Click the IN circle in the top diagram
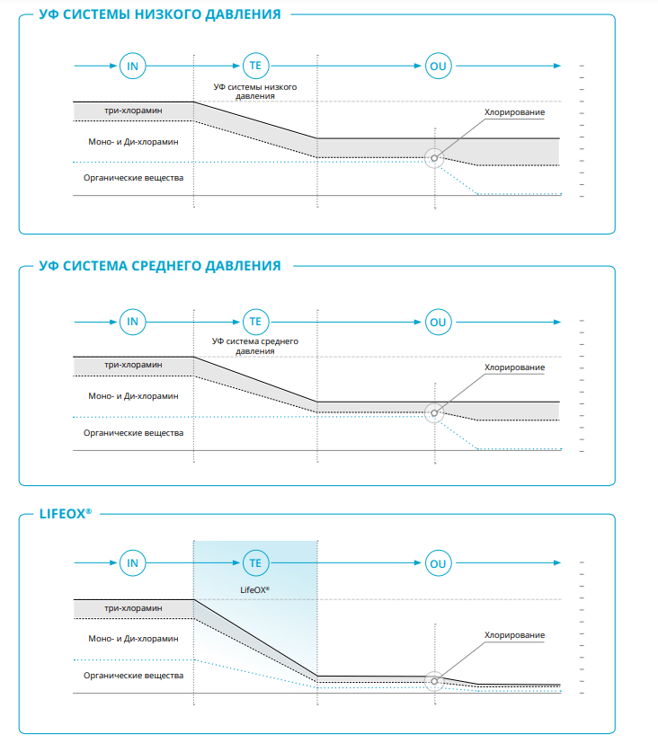132,66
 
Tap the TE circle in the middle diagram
256,322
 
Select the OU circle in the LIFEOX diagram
438,563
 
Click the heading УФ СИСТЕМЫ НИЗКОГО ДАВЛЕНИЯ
160,14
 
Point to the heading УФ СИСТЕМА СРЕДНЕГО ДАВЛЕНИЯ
160,266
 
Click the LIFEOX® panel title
66,514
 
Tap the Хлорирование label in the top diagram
514,112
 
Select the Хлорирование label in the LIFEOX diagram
514,635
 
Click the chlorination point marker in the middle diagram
434,413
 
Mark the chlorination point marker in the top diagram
434,158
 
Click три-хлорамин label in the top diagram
133,111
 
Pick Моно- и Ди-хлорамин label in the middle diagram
133,396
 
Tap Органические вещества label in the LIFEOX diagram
133,676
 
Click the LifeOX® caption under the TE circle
255,590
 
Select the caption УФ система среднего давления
255,346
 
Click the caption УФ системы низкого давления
255,91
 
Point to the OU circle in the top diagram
438,66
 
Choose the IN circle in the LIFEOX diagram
132,563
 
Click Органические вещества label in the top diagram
133,178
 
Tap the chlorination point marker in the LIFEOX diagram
434,681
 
